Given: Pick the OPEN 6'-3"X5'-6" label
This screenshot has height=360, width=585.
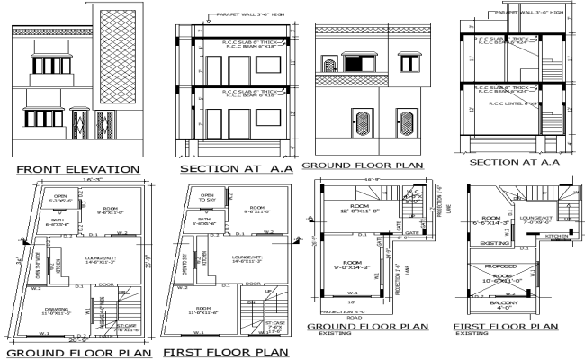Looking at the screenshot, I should pyautogui.click(x=61, y=199).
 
